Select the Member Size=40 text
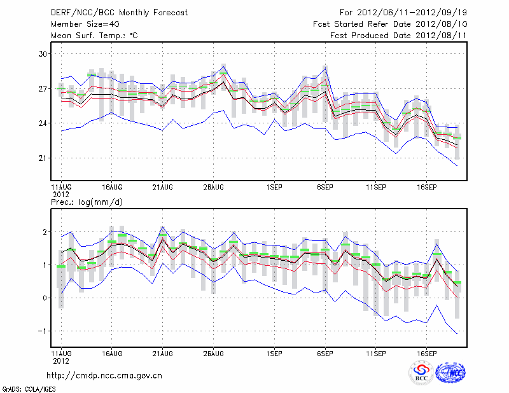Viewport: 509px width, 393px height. [x=79, y=24]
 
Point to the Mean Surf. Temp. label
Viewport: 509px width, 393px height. [x=94, y=36]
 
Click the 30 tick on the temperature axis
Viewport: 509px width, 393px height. [x=43, y=54]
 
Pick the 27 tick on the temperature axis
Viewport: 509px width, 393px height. [x=43, y=88]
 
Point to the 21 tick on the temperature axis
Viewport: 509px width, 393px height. [x=43, y=158]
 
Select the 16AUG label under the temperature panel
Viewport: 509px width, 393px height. [x=112, y=188]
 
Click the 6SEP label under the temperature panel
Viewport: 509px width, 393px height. [x=325, y=188]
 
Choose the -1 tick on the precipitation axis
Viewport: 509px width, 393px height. [x=43, y=331]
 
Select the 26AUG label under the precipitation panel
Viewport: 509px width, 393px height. [x=214, y=352]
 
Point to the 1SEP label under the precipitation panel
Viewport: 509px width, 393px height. [x=274, y=352]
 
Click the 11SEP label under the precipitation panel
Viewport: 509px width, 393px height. [x=376, y=352]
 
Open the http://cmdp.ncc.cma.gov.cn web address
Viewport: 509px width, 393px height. [x=104, y=375]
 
